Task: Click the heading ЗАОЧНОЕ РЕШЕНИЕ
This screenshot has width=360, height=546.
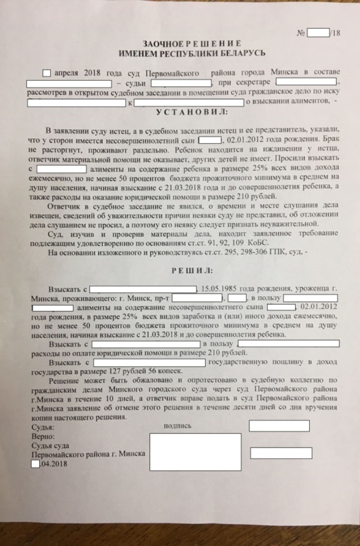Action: click(x=191, y=44)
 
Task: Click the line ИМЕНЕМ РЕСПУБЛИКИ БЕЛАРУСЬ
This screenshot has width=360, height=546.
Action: click(x=191, y=52)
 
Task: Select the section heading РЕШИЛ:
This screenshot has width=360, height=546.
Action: click(x=191, y=270)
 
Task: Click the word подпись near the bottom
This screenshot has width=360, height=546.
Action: click(x=177, y=426)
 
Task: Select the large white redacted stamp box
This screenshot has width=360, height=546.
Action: click(x=195, y=452)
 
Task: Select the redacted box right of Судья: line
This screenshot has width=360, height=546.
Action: click(x=279, y=426)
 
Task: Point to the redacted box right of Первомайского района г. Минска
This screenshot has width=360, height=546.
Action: click(x=281, y=453)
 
